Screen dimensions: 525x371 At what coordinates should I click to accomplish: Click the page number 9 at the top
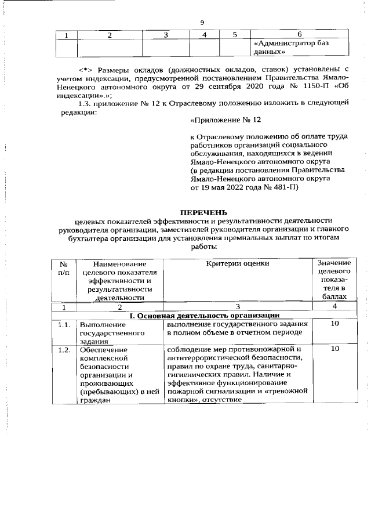[x=202, y=23]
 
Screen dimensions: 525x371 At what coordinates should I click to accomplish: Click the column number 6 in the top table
[x=299, y=34]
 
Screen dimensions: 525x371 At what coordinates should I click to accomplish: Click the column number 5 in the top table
[x=234, y=34]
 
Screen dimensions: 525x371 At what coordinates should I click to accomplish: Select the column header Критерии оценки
[x=237, y=264]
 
